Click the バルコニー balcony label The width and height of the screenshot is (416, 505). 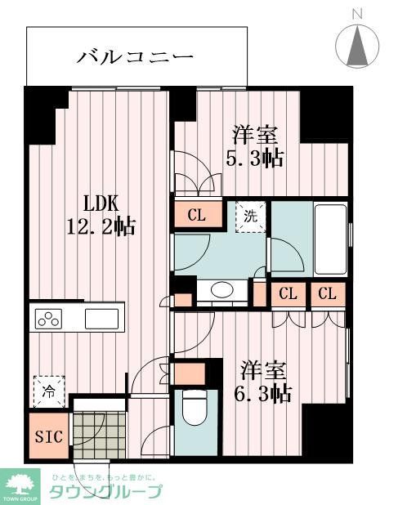(x=136, y=56)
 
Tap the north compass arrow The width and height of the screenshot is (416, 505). (x=357, y=47)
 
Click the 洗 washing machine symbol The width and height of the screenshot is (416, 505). (x=250, y=217)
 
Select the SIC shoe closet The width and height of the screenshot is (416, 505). (x=47, y=436)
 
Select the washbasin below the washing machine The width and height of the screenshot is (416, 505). (x=221, y=291)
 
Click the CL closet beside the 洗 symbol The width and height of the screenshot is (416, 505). (x=196, y=216)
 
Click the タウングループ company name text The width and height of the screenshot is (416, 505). (x=105, y=491)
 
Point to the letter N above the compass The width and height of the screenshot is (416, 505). (x=357, y=13)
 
